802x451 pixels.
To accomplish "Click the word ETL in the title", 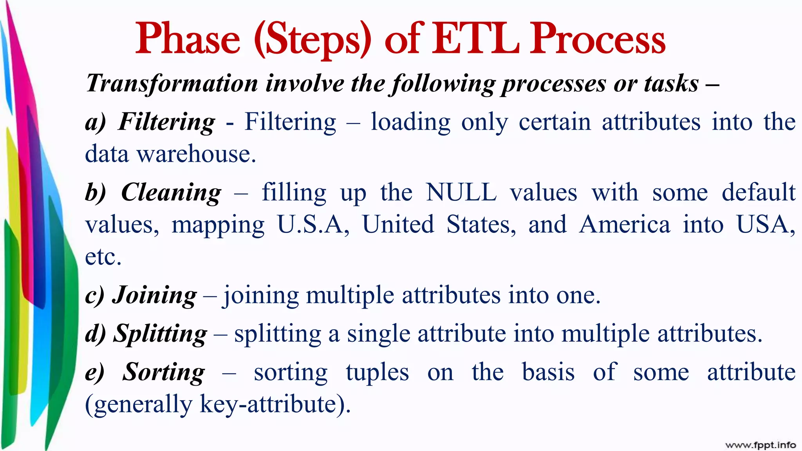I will (x=477, y=39).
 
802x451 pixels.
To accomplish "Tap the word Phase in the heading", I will (x=188, y=39).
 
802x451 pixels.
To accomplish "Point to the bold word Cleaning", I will (x=171, y=192).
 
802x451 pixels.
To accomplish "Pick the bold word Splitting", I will (x=160, y=334).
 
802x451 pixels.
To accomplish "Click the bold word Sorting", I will (x=163, y=372).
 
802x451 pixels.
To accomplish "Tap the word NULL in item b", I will (x=461, y=192).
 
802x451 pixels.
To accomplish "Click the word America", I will (x=625, y=224).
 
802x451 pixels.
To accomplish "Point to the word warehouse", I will (x=196, y=154).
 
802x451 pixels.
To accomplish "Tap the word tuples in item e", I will (x=377, y=372).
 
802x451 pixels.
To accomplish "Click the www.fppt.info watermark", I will (x=760, y=445).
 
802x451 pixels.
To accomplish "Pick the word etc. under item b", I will (x=103, y=257).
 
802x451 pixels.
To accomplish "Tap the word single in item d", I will (x=378, y=334).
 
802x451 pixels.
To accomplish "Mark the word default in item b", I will (x=759, y=192).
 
